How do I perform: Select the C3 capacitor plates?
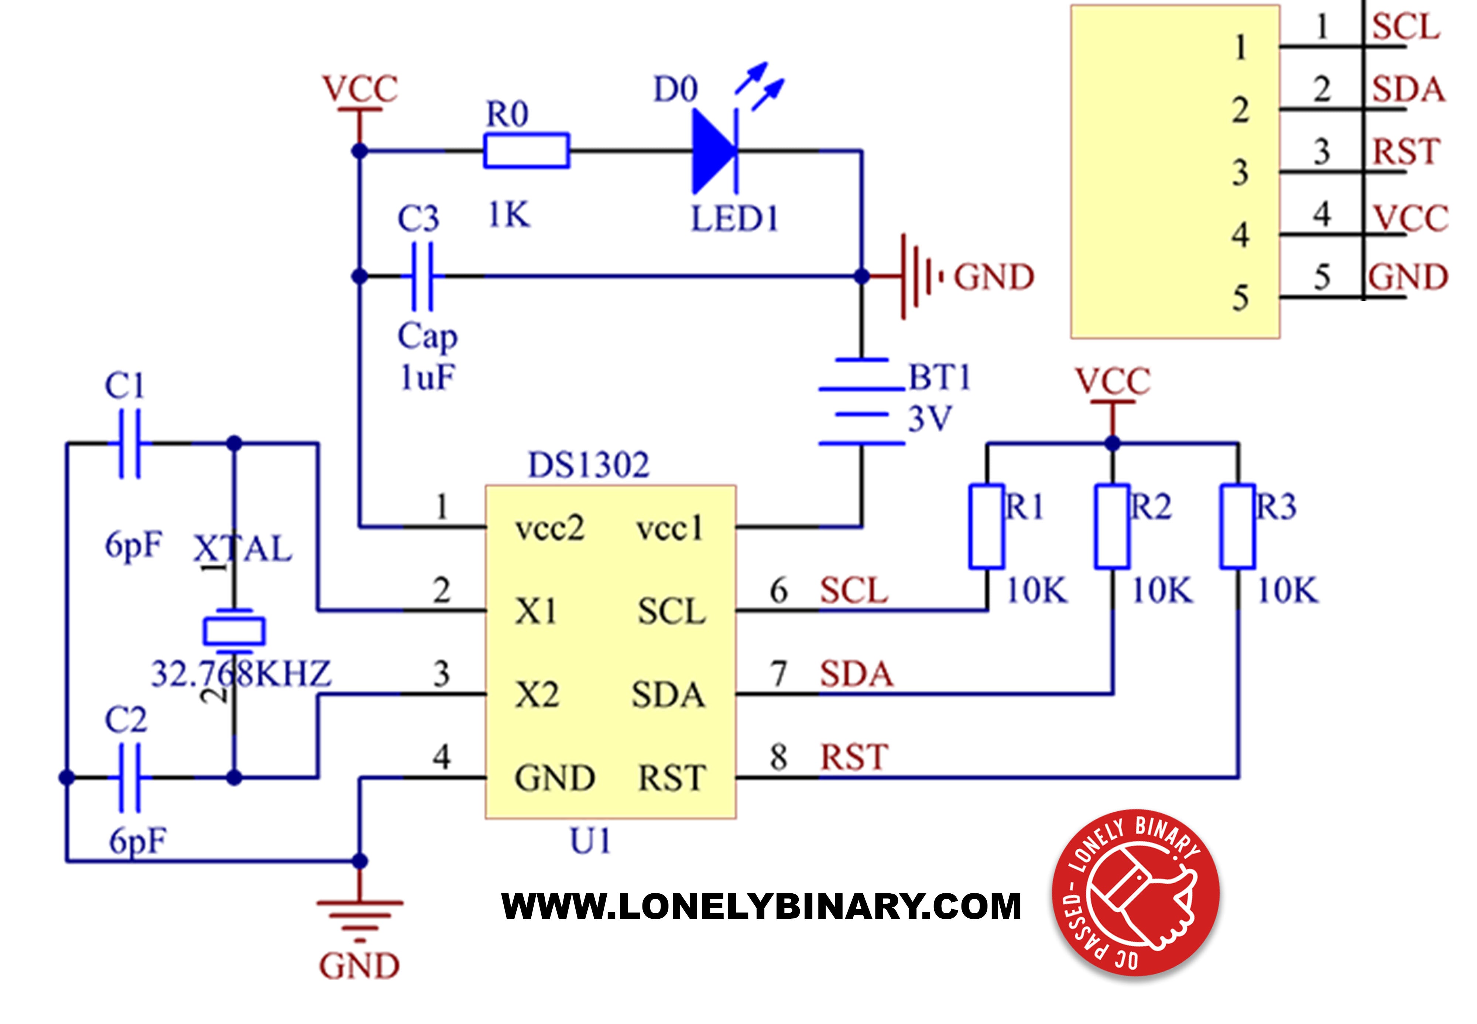pos(422,276)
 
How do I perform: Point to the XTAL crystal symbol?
pos(233,631)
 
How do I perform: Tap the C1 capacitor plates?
pos(129,443)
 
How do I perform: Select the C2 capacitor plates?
pos(129,778)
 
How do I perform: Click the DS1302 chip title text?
pos(588,465)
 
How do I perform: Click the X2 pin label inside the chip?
pos(537,695)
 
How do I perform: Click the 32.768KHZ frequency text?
pos(241,674)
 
